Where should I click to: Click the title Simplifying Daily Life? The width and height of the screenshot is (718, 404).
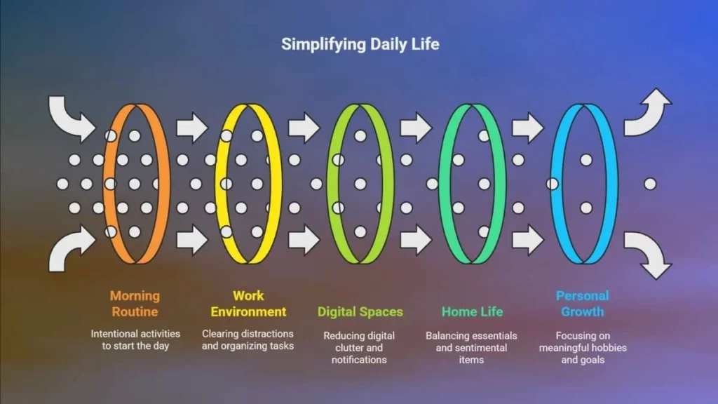[360, 44]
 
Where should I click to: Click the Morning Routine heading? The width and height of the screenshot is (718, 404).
[135, 304]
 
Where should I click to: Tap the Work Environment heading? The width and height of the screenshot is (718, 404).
[248, 304]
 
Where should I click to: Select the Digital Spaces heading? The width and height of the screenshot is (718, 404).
[360, 312]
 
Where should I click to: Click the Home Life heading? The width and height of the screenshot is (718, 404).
[472, 312]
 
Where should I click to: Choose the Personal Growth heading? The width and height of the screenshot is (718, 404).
[583, 304]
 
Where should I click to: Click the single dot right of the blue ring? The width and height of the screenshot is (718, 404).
[650, 184]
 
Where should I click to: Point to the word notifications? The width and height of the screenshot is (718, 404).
[359, 360]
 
